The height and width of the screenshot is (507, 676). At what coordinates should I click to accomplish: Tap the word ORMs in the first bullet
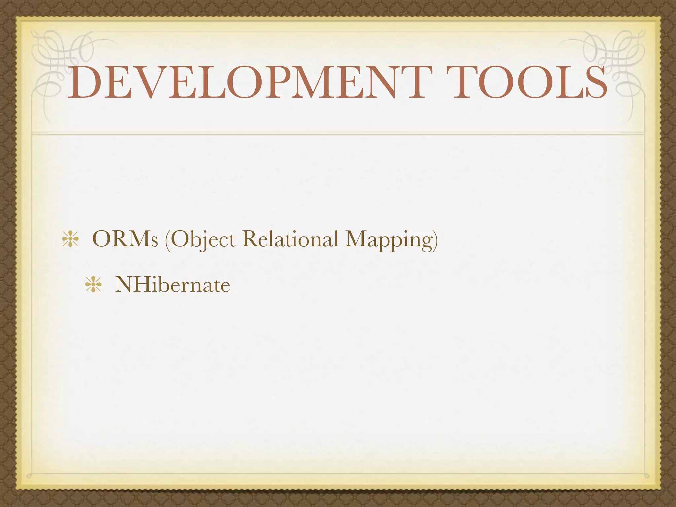click(125, 239)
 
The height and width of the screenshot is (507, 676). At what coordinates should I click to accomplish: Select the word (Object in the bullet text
click(200, 240)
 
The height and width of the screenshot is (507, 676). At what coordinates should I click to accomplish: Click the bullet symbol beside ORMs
click(70, 240)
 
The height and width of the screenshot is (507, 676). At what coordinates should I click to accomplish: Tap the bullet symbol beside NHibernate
click(93, 285)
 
